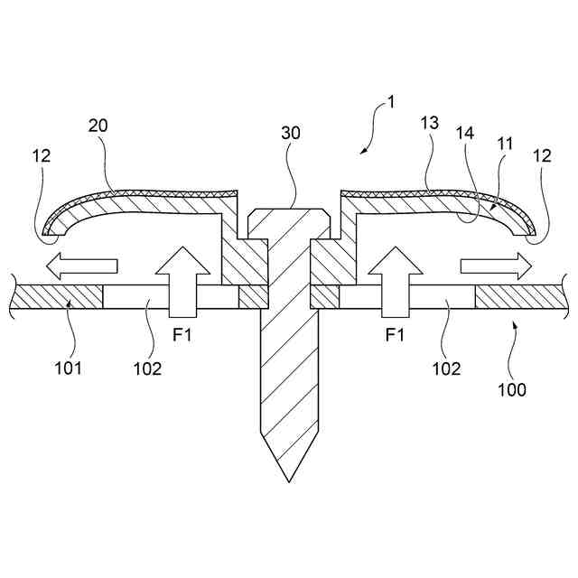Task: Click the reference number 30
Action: click(x=291, y=133)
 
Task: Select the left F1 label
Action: click(x=183, y=335)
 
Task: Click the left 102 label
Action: click(x=147, y=368)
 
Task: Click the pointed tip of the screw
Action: click(x=288, y=477)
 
